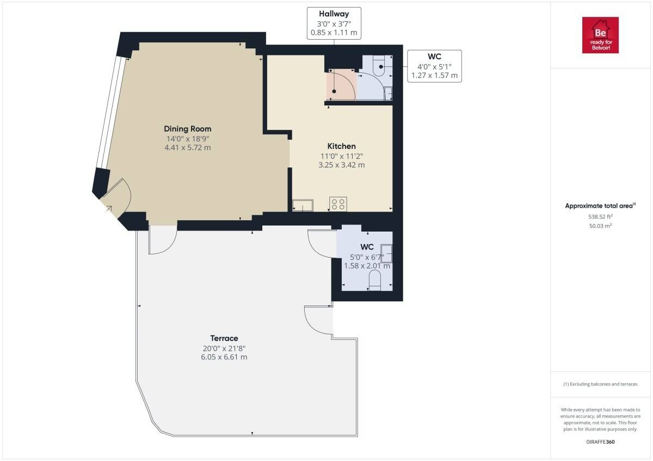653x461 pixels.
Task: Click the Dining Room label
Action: tap(187, 129)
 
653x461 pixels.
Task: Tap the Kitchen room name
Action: tap(341, 146)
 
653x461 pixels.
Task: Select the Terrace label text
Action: tap(224, 338)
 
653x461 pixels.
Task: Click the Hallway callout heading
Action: tap(334, 14)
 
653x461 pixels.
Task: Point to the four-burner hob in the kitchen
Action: tap(338, 204)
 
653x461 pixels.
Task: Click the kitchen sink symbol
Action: tap(303, 205)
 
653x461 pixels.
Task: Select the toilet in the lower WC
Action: tap(374, 280)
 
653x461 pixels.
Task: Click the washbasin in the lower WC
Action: tap(386, 254)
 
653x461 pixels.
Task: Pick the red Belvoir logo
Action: tap(600, 35)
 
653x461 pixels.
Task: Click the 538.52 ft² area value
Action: tap(600, 217)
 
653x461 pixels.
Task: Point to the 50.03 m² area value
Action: tap(600, 226)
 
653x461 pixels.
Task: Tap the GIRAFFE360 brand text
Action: tap(600, 442)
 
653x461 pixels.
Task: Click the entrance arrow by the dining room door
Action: tap(109, 208)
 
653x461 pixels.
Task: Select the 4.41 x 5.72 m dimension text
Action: tap(187, 147)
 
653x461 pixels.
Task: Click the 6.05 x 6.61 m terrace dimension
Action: tap(224, 357)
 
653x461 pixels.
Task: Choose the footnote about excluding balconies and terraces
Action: tap(600, 384)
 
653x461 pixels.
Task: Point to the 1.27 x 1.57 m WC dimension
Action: tap(434, 76)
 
